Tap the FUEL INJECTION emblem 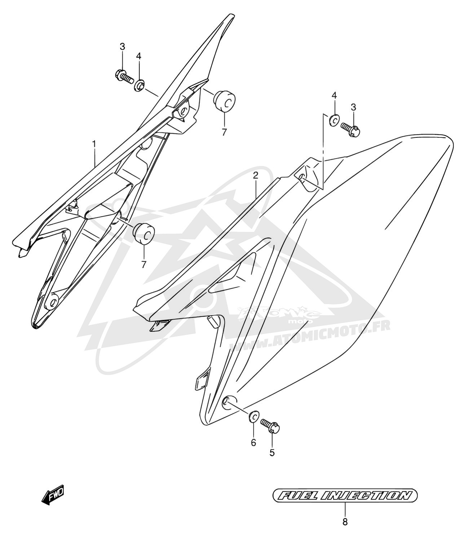click(345, 496)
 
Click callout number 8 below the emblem click(345, 522)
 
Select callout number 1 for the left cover click(94, 144)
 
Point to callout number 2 click(255, 176)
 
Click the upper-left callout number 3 click(122, 47)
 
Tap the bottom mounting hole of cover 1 click(52, 303)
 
